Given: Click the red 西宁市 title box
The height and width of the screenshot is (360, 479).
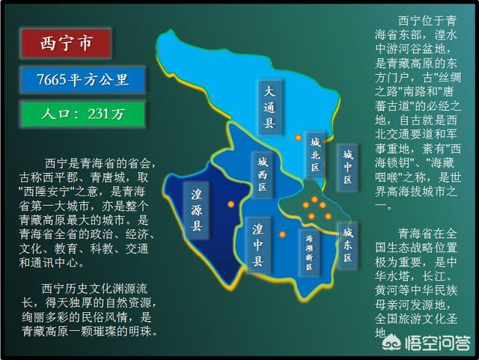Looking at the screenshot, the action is click(x=66, y=43).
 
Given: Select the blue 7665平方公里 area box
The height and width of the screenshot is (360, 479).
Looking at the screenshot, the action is click(x=82, y=79).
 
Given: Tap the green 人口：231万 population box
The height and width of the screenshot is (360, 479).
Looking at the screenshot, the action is click(x=82, y=114).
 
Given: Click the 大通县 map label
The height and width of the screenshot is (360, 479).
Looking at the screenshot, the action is click(x=269, y=107).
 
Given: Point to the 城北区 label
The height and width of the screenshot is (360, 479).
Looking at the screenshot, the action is click(x=316, y=155).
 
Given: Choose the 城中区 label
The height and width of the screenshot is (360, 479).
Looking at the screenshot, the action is click(x=347, y=167).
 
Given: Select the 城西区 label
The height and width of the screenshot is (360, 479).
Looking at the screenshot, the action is click(x=263, y=174).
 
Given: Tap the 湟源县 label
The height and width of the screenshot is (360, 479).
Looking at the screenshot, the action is click(x=196, y=210).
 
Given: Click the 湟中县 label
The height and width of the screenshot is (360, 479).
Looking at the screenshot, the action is click(x=258, y=245).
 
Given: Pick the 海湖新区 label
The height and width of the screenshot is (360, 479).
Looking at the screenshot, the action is click(x=309, y=252).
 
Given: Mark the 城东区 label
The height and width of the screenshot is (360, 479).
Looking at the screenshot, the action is click(x=347, y=245).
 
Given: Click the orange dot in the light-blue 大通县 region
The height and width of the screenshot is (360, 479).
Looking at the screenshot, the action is click(x=298, y=138).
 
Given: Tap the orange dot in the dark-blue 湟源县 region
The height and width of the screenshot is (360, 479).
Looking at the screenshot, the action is click(x=231, y=204).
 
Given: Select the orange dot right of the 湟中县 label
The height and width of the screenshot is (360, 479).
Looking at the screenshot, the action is click(x=282, y=235).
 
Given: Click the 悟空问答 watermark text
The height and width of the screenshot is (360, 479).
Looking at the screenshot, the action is click(x=438, y=343).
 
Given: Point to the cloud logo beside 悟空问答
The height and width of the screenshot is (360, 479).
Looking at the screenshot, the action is click(x=391, y=343).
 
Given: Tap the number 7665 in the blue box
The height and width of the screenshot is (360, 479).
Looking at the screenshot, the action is click(x=52, y=79).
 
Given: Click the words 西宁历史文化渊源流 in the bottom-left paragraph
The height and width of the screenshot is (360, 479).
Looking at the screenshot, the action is click(x=94, y=288).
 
